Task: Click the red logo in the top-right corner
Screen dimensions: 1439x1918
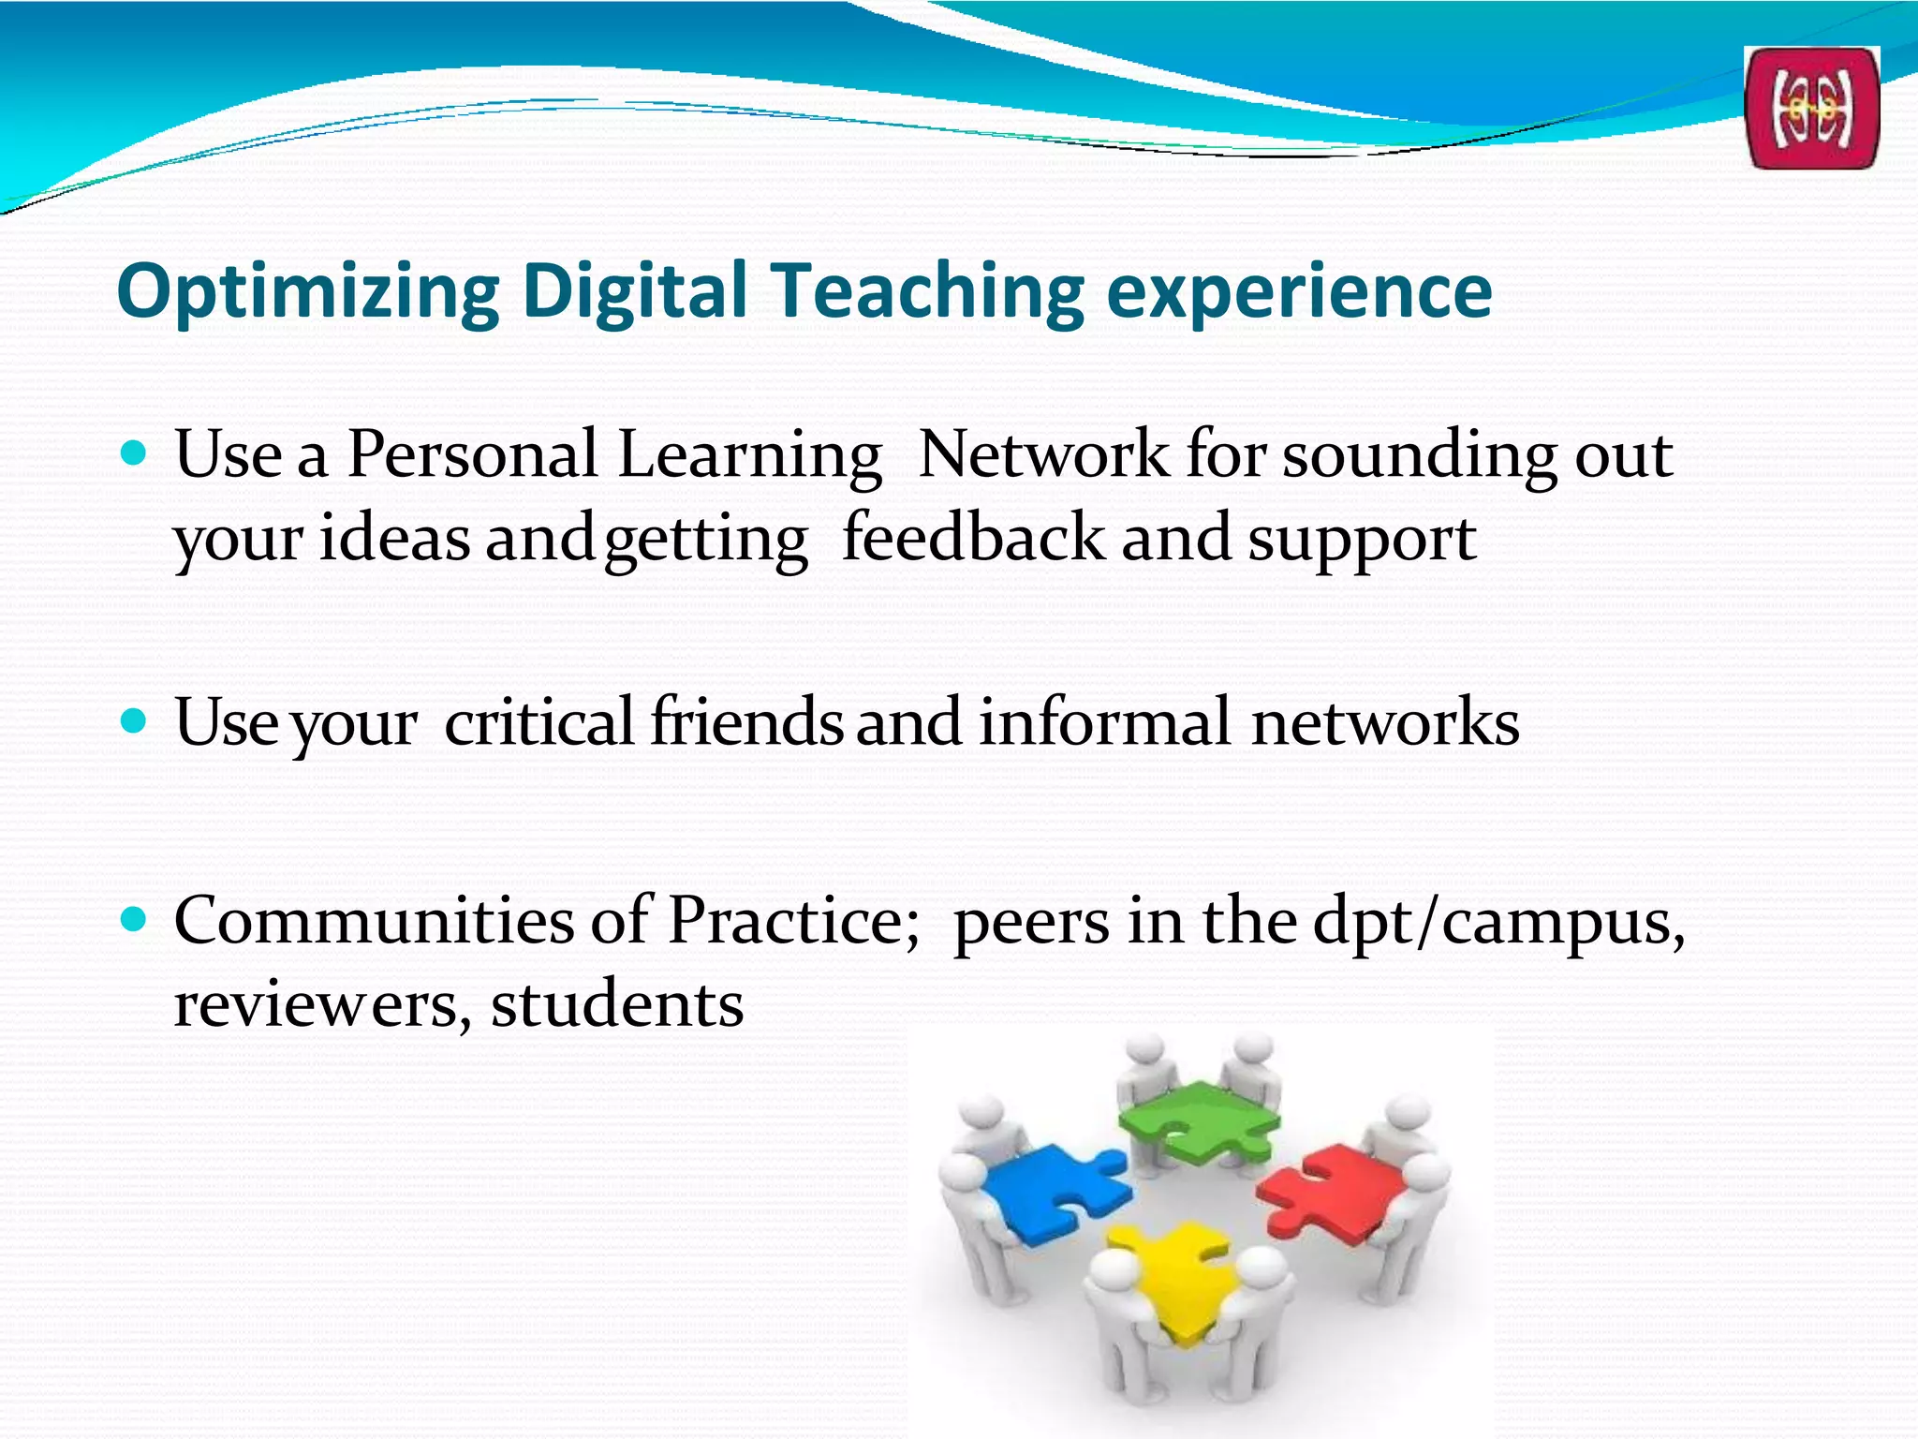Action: (x=1811, y=109)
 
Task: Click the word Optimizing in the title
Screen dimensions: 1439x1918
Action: (x=308, y=291)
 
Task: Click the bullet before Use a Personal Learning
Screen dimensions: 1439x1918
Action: (x=135, y=455)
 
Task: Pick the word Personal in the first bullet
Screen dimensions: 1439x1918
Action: (x=472, y=454)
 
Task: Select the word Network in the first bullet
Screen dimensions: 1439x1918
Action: (x=1043, y=454)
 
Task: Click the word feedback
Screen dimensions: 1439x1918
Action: (x=973, y=538)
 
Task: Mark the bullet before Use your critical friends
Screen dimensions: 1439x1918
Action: (x=135, y=721)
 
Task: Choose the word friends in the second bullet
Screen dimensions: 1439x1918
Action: (x=746, y=721)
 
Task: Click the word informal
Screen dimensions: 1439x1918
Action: (x=1104, y=721)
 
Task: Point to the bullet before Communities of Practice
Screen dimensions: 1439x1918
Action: (x=135, y=920)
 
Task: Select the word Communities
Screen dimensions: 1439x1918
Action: (x=373, y=920)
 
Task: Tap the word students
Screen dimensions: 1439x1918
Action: (x=617, y=1004)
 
